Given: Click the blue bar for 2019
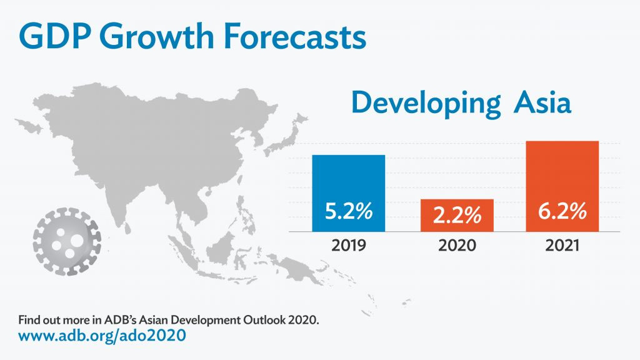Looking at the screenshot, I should coord(348,181).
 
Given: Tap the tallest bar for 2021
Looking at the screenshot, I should coord(562,175).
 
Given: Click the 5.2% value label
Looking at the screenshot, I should coord(348,211).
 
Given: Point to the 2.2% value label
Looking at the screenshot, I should coord(456,215).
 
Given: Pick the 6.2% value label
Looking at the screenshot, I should coord(562,211).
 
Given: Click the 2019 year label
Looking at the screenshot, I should coord(348,245).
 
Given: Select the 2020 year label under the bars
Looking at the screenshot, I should coord(456,245).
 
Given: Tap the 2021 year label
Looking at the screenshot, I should coord(562,245).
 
